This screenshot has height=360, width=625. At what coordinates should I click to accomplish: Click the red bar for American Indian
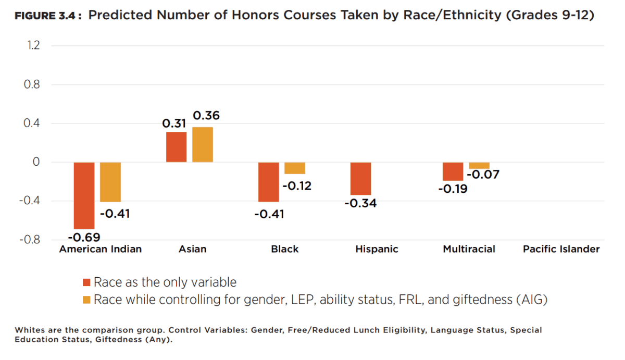84,195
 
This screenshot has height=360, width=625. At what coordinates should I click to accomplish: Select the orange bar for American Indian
110,182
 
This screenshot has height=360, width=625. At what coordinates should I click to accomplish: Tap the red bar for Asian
176,147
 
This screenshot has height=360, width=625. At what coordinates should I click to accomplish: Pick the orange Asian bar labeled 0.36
203,145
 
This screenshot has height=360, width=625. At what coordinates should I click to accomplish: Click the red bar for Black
269,182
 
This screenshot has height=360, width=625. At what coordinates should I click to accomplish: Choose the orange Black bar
295,168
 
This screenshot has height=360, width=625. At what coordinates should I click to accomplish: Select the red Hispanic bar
360,178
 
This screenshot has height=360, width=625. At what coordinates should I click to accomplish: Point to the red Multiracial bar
453,171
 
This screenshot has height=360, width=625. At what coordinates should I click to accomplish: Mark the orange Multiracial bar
479,166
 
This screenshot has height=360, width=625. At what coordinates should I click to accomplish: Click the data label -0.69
84,237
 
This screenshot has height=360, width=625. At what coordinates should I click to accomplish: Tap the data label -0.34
360,203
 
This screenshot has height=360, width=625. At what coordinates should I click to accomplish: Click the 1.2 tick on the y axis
33,45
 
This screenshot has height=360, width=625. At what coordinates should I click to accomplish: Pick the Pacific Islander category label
561,249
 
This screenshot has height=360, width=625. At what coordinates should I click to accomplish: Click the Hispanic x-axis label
377,249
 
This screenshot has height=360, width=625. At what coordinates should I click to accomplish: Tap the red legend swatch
87,283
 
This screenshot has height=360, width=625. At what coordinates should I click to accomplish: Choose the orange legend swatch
87,300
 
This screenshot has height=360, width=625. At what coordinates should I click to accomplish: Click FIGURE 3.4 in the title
47,16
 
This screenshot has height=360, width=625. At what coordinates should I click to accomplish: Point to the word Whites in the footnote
29,330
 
